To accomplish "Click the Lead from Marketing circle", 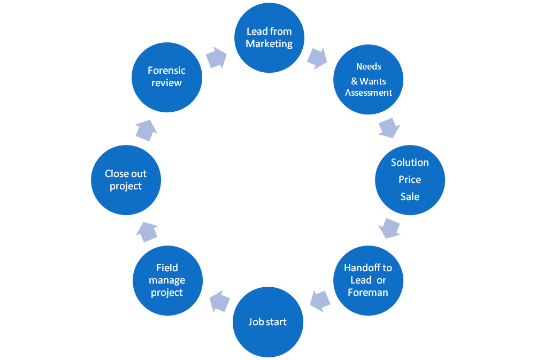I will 269,37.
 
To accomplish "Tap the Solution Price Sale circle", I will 409,179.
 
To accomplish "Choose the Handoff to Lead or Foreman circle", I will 368,280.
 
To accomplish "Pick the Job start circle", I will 267,322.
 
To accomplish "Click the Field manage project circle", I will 167,280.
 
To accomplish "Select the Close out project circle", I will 126,180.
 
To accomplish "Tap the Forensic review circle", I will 167,76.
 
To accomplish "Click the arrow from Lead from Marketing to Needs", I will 318,57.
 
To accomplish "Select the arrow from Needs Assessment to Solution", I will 389,128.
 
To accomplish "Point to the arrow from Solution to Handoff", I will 389,228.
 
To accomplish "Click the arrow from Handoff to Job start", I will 320,301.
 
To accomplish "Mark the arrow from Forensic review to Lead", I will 216,57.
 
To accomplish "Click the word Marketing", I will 269,44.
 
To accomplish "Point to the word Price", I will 409,180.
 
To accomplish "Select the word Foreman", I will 367,293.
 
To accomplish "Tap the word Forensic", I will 166,71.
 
